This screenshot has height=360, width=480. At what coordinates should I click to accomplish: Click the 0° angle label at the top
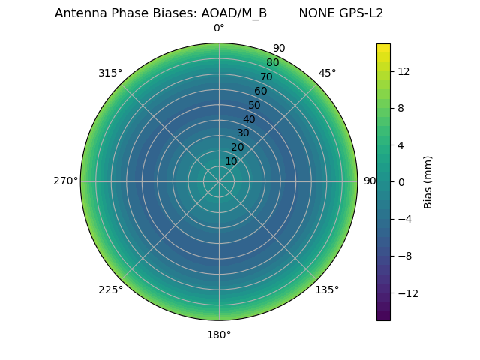click(219, 28)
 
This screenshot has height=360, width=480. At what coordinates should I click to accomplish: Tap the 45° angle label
click(327, 73)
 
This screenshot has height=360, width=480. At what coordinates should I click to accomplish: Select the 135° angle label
click(327, 289)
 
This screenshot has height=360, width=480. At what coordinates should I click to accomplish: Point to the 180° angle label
click(219, 334)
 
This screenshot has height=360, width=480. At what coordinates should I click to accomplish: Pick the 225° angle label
click(110, 289)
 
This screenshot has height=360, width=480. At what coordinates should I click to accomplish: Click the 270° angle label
click(65, 181)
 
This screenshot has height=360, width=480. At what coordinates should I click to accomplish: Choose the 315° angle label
click(110, 73)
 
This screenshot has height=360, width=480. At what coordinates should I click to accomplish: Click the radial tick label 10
click(231, 161)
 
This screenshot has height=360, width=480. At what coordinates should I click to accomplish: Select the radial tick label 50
click(255, 105)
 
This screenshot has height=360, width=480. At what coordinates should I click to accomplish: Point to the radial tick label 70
click(266, 76)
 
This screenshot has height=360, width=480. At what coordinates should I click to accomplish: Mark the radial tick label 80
click(272, 62)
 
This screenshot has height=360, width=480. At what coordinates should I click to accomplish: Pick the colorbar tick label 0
click(401, 181)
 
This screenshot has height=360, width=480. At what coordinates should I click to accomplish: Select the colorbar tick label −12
click(406, 292)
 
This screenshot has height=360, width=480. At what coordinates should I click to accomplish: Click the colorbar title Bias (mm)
click(428, 181)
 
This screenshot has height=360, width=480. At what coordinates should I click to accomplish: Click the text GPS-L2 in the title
click(363, 13)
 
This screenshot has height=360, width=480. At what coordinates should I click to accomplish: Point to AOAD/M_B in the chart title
click(234, 13)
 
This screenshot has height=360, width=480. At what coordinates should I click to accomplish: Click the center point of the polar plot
click(219, 181)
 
